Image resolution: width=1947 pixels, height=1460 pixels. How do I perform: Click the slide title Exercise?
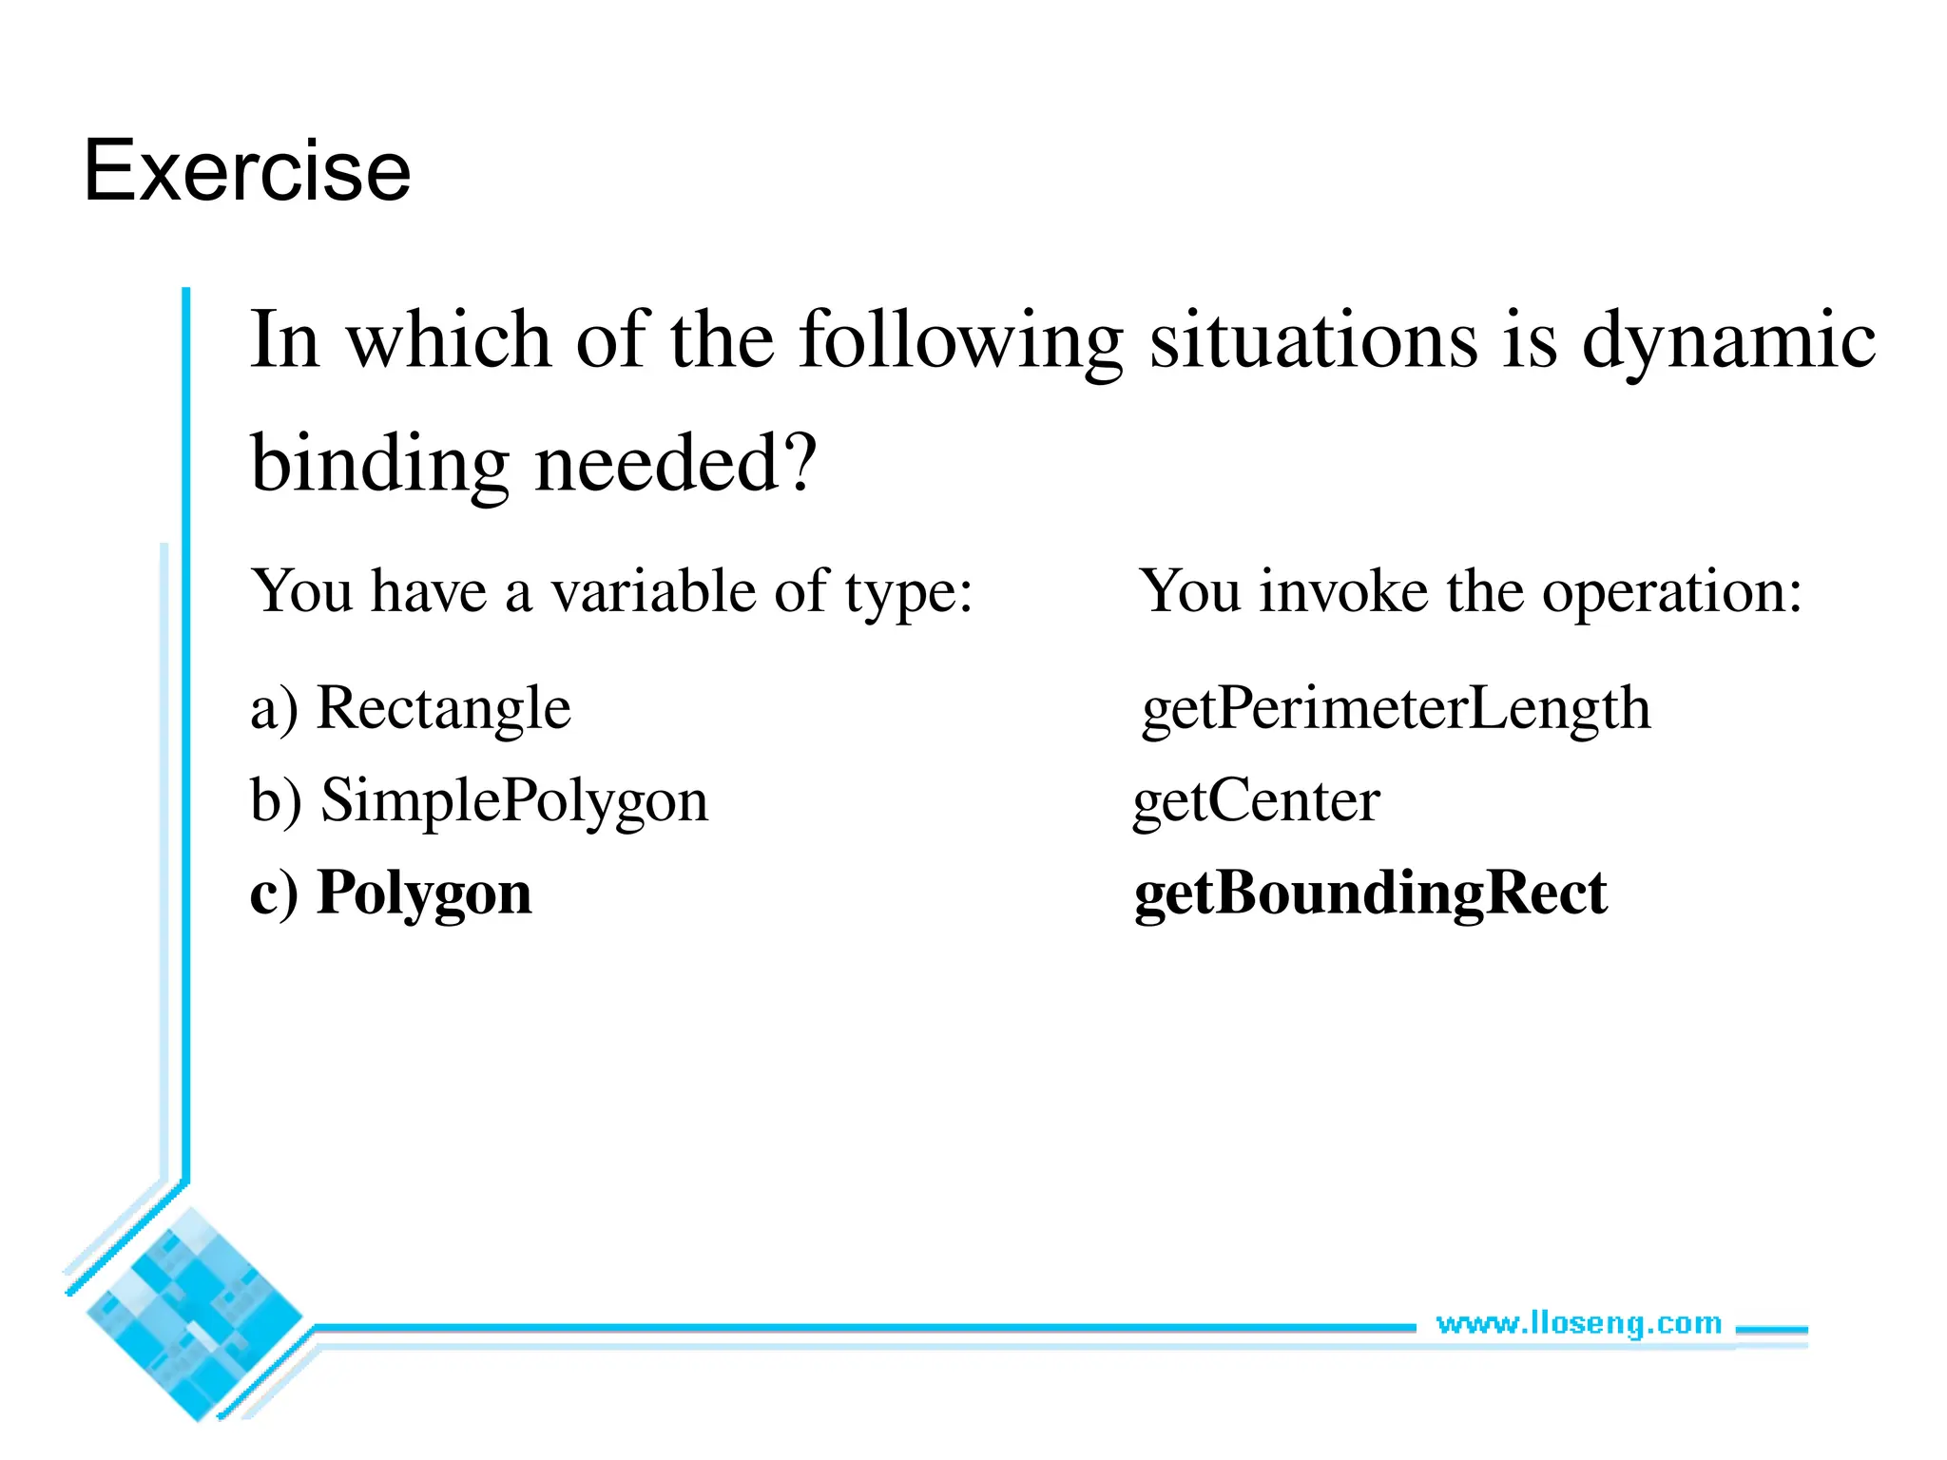pyautogui.click(x=247, y=171)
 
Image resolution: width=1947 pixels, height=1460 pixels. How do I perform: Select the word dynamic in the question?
pyautogui.click(x=1728, y=340)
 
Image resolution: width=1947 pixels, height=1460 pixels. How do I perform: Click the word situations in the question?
pyautogui.click(x=1313, y=340)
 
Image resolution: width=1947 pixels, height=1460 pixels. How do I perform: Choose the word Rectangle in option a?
pyautogui.click(x=443, y=708)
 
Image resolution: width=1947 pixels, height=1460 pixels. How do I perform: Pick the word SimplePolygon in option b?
pyautogui.click(x=514, y=800)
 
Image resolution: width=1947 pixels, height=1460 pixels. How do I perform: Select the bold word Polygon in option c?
pyautogui.click(x=424, y=893)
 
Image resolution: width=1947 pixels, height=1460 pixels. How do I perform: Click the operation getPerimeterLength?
pyautogui.click(x=1396, y=708)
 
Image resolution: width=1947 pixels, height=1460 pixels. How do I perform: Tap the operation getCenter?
pyautogui.click(x=1256, y=800)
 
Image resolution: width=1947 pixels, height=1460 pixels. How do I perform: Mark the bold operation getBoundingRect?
pyautogui.click(x=1370, y=893)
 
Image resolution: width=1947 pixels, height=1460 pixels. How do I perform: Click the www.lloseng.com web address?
pyautogui.click(x=1578, y=1323)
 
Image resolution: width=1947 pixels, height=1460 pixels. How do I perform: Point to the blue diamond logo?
pyautogui.click(x=195, y=1315)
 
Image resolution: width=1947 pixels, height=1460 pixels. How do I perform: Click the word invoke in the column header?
pyautogui.click(x=1343, y=591)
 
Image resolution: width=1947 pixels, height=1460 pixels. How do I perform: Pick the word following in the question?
pyautogui.click(x=960, y=340)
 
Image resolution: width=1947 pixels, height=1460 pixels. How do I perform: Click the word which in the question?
pyautogui.click(x=448, y=340)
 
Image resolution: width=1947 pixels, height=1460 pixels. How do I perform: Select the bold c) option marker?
pyautogui.click(x=274, y=893)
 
